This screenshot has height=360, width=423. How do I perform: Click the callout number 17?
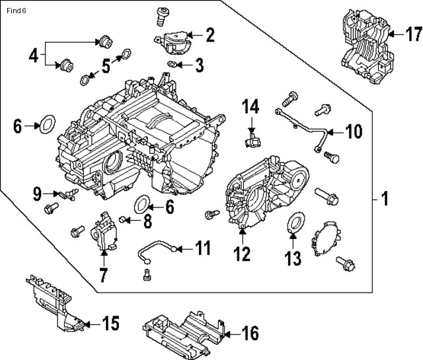[412, 33]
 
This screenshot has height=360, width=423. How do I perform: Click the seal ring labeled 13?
[295, 223]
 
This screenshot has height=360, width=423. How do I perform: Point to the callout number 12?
[243, 252]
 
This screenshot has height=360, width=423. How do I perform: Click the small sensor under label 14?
[252, 140]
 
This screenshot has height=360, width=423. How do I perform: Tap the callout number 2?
[210, 34]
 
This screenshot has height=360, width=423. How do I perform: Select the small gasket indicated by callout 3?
[171, 64]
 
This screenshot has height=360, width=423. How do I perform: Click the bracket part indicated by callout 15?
[56, 304]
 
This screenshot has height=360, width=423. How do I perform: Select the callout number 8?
[147, 221]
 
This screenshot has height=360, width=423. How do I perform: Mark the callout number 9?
[37, 194]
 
